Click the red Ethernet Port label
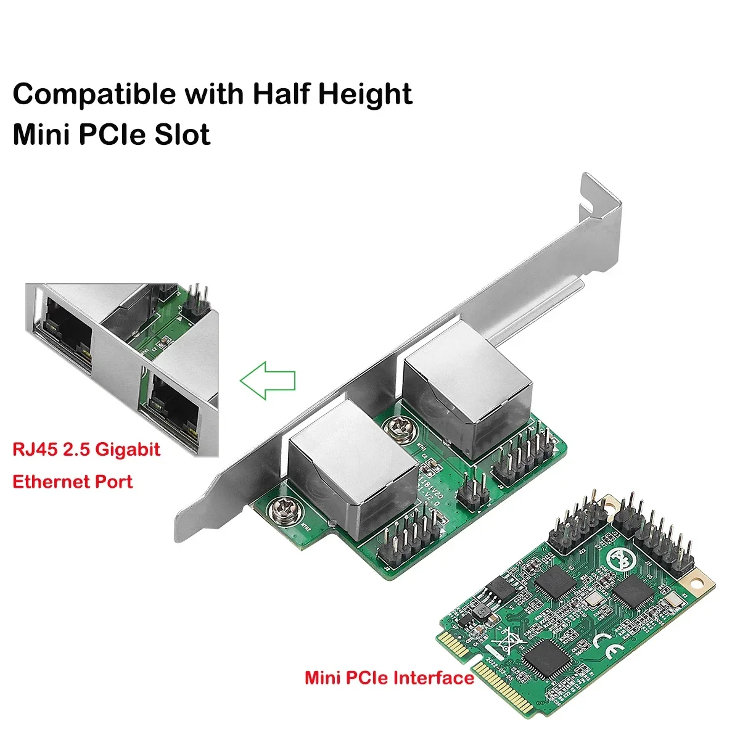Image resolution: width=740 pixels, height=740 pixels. click(x=72, y=481)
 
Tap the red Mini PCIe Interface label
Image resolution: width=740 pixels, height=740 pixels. click(x=389, y=678)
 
